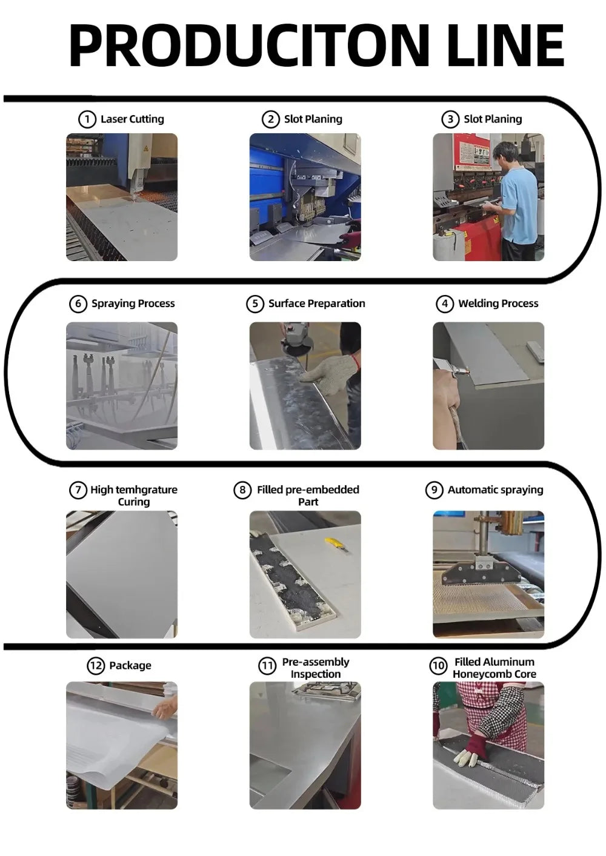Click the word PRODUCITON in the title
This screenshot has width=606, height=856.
[x=248, y=45]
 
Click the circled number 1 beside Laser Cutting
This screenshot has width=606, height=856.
[x=87, y=119]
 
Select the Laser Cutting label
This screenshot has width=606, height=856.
[x=132, y=119]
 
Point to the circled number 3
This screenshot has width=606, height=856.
[x=450, y=119]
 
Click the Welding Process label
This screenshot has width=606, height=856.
[x=498, y=304]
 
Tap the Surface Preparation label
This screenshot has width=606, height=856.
[x=316, y=304]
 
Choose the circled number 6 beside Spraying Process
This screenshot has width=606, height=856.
[x=78, y=304]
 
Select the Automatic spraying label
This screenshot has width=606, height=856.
[x=495, y=490]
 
